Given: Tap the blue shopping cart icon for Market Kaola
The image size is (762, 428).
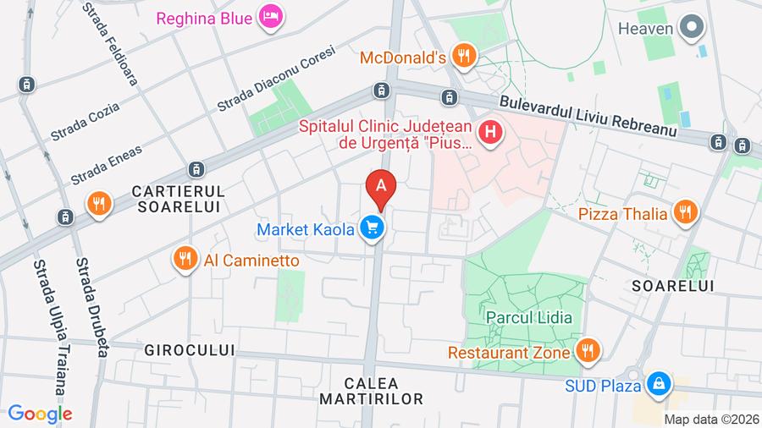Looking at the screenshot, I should click(371, 228).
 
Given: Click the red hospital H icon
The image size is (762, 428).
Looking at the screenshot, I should click(489, 133).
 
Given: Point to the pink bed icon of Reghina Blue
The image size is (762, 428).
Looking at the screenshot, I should click(270, 16).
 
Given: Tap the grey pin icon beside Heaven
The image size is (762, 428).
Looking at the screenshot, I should click(693, 28).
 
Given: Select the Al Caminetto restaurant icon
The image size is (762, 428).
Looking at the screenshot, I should click(185, 260).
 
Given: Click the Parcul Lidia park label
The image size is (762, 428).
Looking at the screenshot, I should click(529, 318).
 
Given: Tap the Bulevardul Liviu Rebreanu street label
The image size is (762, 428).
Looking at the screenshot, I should click(600, 115).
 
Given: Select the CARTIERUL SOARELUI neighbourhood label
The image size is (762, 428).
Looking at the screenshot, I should click(179, 198).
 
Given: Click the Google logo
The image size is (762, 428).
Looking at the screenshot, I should click(39, 414).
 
